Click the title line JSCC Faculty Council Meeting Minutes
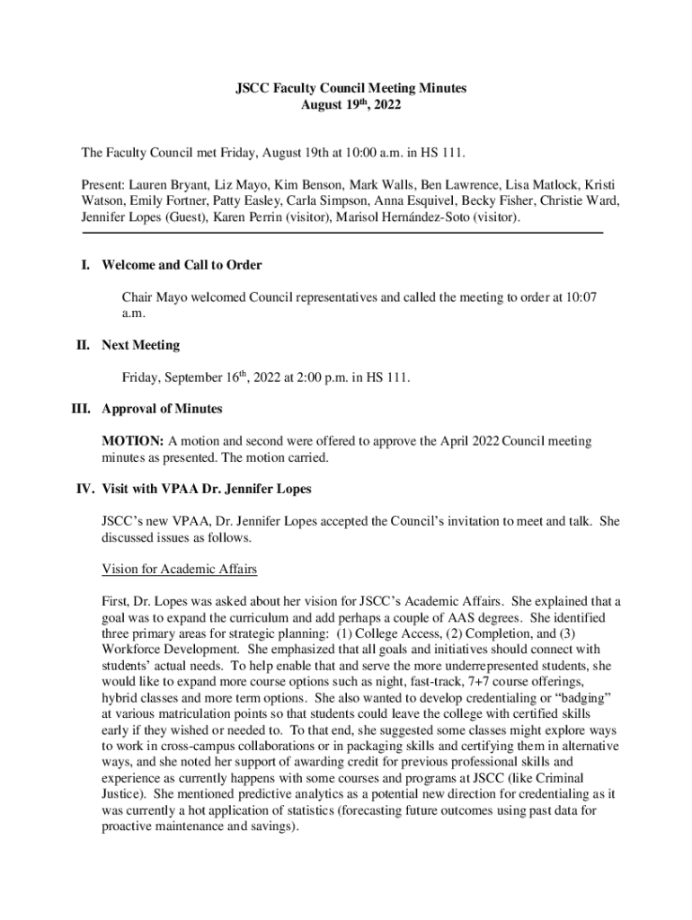pos(346,88)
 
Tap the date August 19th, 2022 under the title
pos(346,105)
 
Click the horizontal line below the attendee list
pos(342,234)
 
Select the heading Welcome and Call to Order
pos(182,265)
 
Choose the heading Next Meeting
pos(141,345)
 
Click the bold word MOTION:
pos(133,442)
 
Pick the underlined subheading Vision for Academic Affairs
pos(180,570)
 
